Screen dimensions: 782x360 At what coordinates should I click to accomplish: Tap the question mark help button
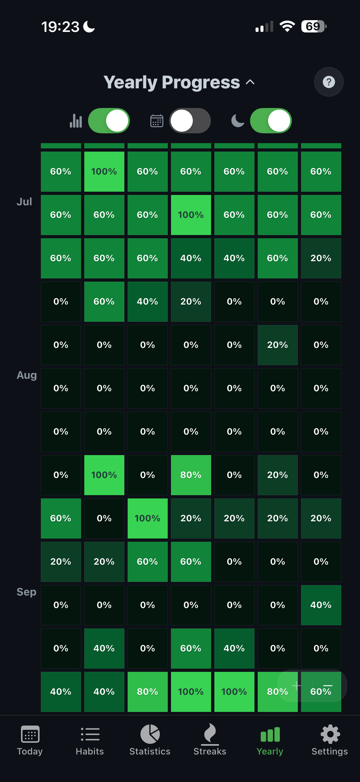[329, 82]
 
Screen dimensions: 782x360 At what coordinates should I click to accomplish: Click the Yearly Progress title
[172, 82]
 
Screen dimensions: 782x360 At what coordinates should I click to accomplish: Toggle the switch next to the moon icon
[271, 121]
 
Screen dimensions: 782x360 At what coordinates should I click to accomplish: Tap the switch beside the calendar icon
[190, 121]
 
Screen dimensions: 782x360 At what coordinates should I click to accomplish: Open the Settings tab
[330, 740]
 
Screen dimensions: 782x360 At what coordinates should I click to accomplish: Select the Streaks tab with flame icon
[210, 740]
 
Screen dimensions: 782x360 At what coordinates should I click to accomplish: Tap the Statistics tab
[150, 740]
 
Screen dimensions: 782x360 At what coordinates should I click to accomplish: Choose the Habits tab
[90, 740]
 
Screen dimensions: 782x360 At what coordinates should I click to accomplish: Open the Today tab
[30, 740]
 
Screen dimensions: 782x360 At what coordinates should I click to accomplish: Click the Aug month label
[27, 375]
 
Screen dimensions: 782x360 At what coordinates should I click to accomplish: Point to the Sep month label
[26, 592]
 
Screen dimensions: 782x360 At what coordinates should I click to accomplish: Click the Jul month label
[24, 202]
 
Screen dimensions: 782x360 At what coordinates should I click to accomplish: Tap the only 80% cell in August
[191, 475]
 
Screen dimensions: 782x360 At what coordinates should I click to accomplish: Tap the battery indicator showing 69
[313, 26]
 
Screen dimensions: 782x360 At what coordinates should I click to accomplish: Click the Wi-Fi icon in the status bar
[287, 26]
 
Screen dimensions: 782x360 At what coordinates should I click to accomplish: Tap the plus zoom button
[296, 685]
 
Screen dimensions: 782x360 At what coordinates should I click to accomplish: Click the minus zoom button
[328, 685]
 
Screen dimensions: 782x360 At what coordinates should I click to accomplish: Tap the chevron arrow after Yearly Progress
[250, 82]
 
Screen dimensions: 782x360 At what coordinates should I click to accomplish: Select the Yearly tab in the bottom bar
[270, 740]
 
